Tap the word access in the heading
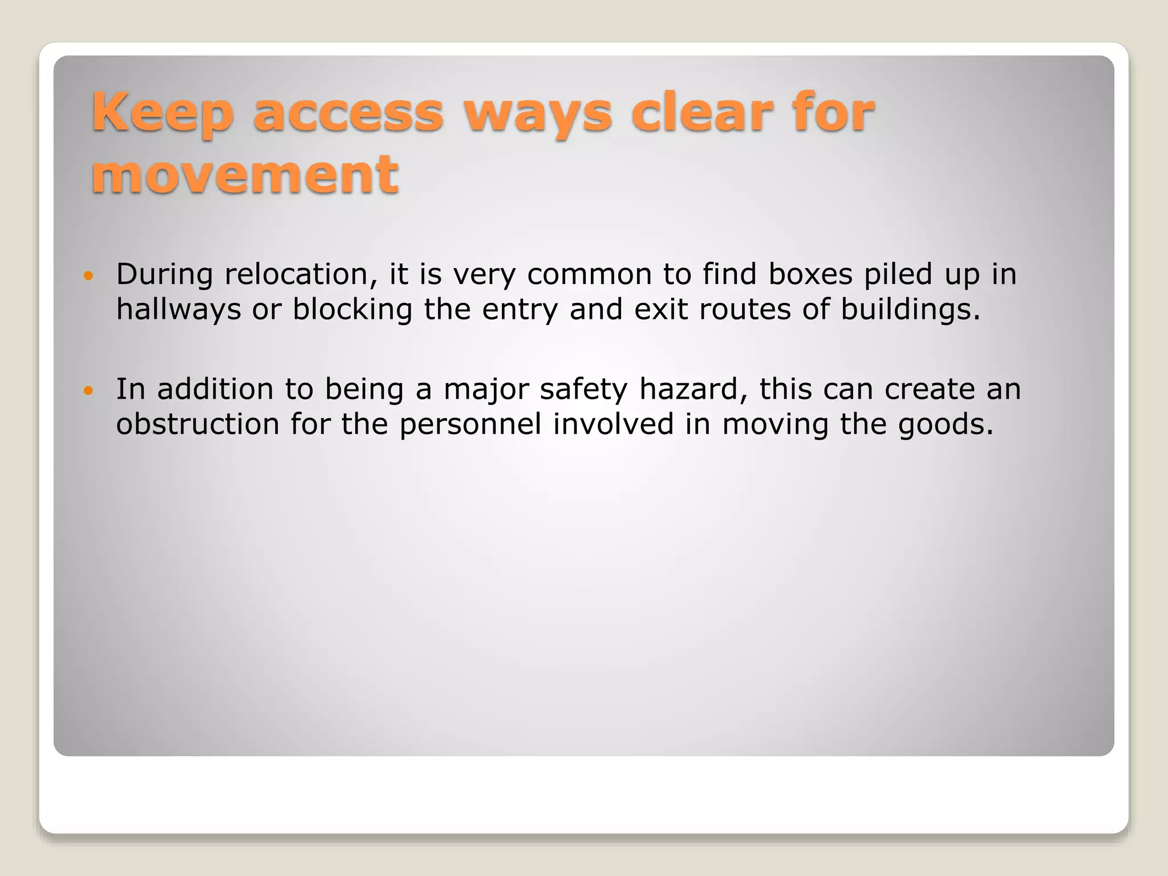click(348, 113)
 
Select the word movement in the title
click(245, 174)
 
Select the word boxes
click(810, 274)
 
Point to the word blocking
click(352, 310)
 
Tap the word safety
click(583, 390)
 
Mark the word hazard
click(693, 390)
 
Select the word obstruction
click(197, 424)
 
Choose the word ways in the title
click(538, 113)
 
